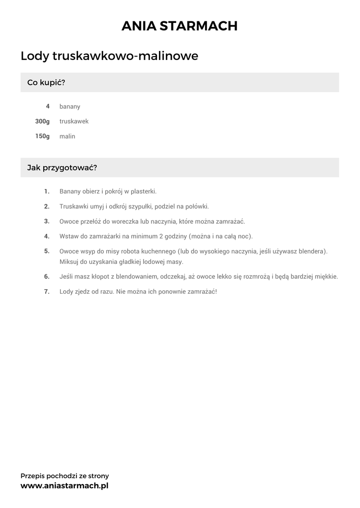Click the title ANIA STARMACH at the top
[180, 26]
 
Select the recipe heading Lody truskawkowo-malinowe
[109, 56]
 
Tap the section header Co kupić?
[46, 82]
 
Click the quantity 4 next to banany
[48, 106]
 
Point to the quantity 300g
[43, 121]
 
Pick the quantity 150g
[43, 136]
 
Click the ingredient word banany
[70, 107]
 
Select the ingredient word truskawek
[74, 122]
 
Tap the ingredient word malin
[68, 136]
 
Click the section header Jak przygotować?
[62, 168]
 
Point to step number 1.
[47, 191]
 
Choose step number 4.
[47, 236]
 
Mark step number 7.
[47, 292]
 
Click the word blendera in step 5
[312, 252]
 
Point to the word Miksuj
[70, 261]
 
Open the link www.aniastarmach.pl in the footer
[65, 486]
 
